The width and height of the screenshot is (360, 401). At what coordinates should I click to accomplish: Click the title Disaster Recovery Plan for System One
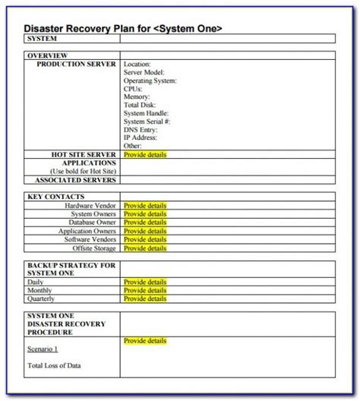point(123,28)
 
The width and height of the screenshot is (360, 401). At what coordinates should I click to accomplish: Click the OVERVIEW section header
point(48,55)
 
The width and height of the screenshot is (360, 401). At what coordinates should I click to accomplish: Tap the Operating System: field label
point(150,81)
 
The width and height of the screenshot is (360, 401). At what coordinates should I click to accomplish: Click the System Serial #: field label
point(147,122)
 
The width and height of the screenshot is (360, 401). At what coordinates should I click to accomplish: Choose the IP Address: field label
point(142,137)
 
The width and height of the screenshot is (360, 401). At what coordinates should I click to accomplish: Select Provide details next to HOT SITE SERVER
point(145,154)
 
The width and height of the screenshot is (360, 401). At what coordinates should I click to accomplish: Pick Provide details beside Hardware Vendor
point(145,205)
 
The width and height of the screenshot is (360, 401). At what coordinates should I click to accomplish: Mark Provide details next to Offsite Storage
point(145,248)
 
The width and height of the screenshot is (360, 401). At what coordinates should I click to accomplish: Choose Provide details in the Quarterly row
point(145,298)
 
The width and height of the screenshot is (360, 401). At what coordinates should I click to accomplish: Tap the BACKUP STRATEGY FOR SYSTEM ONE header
point(71,269)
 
